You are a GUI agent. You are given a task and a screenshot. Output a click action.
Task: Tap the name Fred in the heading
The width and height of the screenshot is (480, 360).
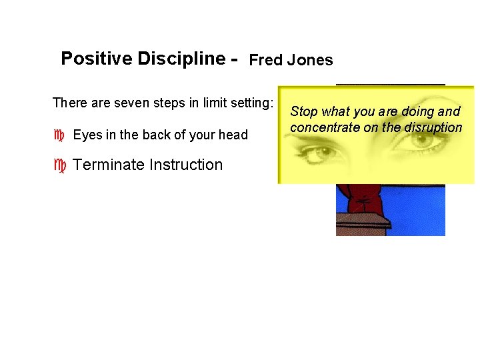pos(266,61)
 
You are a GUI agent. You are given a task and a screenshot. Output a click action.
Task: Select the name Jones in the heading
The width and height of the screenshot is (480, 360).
pos(310,61)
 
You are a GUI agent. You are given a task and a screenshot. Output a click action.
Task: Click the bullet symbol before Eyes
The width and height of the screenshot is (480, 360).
pos(59,135)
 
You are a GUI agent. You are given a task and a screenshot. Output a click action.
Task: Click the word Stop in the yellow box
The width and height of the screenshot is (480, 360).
pos(304,112)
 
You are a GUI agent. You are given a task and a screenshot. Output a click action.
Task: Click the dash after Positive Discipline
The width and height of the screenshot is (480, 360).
pos(233,59)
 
